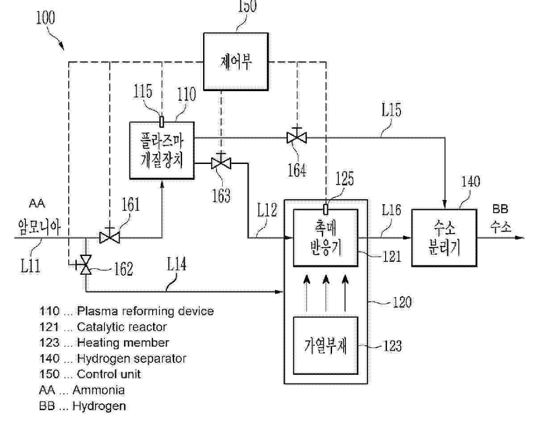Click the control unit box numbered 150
click(x=236, y=61)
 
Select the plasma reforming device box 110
click(x=162, y=150)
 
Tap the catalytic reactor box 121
click(x=325, y=238)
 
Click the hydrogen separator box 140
click(x=444, y=237)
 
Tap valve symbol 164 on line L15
click(x=296, y=138)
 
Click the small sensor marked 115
click(x=162, y=121)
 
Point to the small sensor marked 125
click(x=326, y=209)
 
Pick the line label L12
click(x=267, y=210)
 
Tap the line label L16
click(x=391, y=210)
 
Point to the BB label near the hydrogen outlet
click(x=500, y=209)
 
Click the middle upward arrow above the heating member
click(x=326, y=292)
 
